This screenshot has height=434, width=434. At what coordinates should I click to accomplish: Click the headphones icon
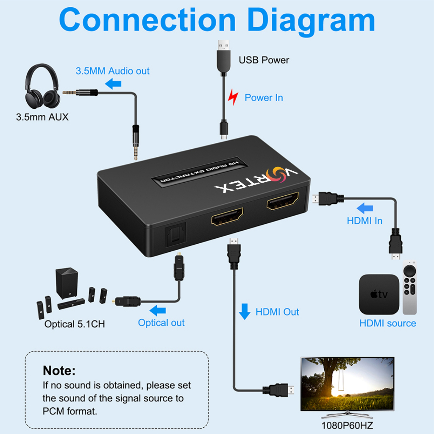tap(42, 86)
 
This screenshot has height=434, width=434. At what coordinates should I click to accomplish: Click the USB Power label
tap(264, 60)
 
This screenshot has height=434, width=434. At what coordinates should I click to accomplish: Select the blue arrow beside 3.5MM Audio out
tap(113, 83)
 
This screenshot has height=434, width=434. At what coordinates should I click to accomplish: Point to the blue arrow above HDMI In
tap(365, 209)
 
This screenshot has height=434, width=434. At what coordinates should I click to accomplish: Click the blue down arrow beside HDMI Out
tap(245, 312)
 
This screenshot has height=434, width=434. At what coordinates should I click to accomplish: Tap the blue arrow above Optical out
tap(159, 310)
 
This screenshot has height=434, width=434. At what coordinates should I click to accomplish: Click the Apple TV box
tap(379, 294)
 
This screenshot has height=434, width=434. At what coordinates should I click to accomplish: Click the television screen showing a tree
tap(347, 383)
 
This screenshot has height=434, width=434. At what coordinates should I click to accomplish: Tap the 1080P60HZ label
tap(347, 425)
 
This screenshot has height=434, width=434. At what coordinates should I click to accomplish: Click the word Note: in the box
tap(59, 371)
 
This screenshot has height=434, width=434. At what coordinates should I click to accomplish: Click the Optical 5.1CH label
tap(75, 324)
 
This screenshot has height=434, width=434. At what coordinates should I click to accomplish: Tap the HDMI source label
tap(387, 323)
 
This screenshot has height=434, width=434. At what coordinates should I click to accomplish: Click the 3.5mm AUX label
tap(42, 117)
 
